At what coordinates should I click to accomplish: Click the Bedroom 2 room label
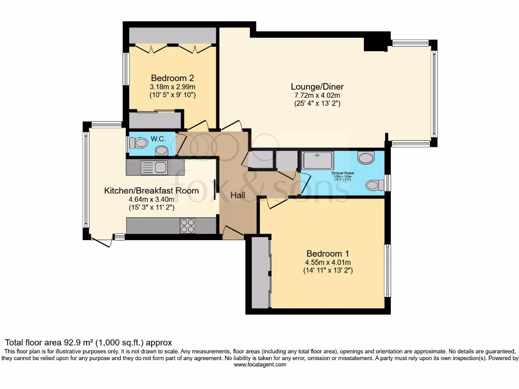point(172,78)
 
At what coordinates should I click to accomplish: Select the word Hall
point(238,195)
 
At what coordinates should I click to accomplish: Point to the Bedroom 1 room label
point(327,253)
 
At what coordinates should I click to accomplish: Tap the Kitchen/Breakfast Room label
point(151,191)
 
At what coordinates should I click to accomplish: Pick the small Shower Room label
point(343,173)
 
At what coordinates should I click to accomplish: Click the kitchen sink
point(154,167)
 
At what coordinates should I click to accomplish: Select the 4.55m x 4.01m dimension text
point(327,262)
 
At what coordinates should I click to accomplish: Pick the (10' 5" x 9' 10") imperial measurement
point(172,95)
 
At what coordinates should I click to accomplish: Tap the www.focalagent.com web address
point(259,365)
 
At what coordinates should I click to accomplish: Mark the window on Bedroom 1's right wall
point(387,270)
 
